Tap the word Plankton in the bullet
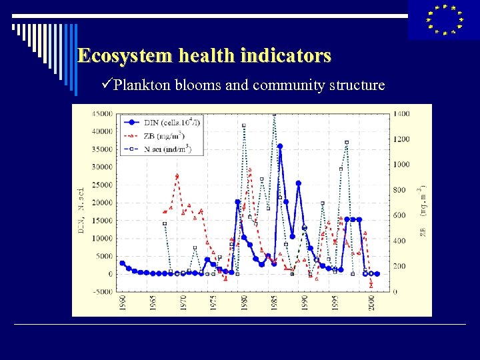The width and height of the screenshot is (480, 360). pyautogui.click(x=142, y=85)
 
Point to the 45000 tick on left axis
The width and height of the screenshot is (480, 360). pyautogui.click(x=102, y=113)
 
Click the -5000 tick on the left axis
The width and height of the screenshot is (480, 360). pyautogui.click(x=102, y=291)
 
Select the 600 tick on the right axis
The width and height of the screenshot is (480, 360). pyautogui.click(x=398, y=215)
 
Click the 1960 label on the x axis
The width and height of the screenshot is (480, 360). pyautogui.click(x=122, y=302)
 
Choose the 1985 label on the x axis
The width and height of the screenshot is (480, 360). pyautogui.click(x=275, y=302)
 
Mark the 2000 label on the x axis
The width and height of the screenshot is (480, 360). pyautogui.click(x=371, y=302)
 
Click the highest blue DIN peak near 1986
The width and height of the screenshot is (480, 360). pyautogui.click(x=280, y=146)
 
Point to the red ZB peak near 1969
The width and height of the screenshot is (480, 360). pyautogui.click(x=177, y=176)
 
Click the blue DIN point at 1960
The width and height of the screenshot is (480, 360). pyautogui.click(x=122, y=263)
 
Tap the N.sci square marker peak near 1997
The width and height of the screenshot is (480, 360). pyautogui.click(x=347, y=142)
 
